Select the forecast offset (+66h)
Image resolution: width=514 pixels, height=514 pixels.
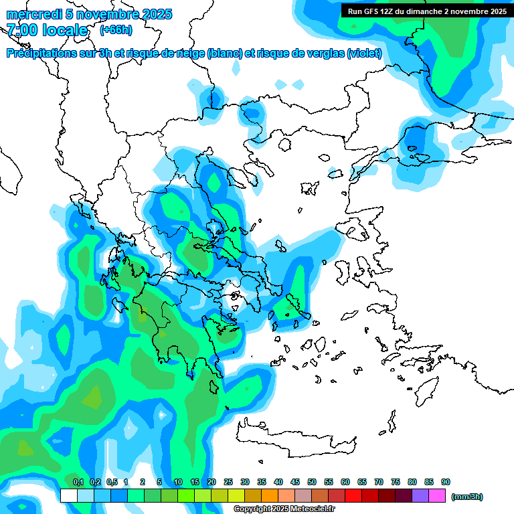pyautogui.click(x=116, y=30)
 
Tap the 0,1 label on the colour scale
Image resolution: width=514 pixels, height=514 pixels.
pyautogui.click(x=78, y=483)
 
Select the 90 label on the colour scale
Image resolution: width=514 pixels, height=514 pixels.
pyautogui.click(x=446, y=483)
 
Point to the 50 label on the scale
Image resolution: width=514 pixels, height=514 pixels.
pyautogui.click(x=312, y=483)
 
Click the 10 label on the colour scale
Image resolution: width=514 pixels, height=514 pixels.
pyautogui.click(x=178, y=483)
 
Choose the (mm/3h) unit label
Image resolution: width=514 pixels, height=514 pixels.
pyautogui.click(x=466, y=497)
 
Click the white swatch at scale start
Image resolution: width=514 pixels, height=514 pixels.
pyautogui.click(x=68, y=495)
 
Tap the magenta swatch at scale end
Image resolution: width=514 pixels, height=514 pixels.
pyautogui.click(x=437, y=495)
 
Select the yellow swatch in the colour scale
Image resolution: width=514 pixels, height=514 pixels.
pyautogui.click(x=236, y=495)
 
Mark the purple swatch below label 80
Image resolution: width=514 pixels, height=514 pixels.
pyautogui.click(x=420, y=495)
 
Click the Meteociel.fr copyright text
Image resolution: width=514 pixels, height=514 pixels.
pyautogui.click(x=284, y=509)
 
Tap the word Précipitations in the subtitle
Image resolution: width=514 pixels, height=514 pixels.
pyautogui.click(x=40, y=54)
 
